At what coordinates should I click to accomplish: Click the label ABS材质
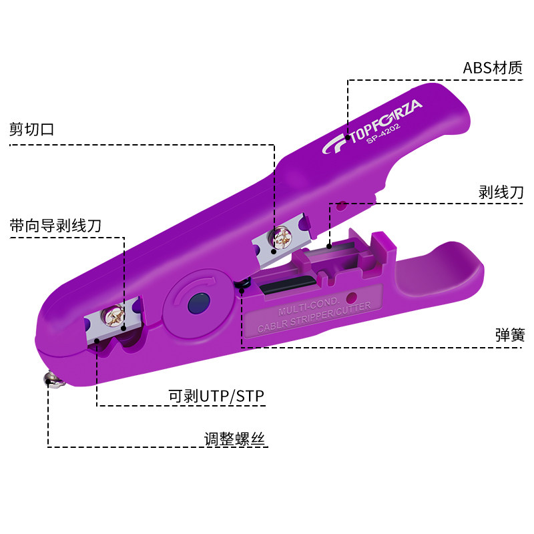coord(493,68)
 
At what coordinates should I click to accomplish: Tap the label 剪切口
coord(31,129)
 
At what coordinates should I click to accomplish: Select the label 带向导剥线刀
coord(55,225)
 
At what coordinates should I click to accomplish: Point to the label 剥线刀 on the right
coord(501,192)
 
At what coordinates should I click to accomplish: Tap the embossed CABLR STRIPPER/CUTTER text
coord(317,318)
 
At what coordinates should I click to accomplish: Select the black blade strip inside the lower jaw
coord(281,285)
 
